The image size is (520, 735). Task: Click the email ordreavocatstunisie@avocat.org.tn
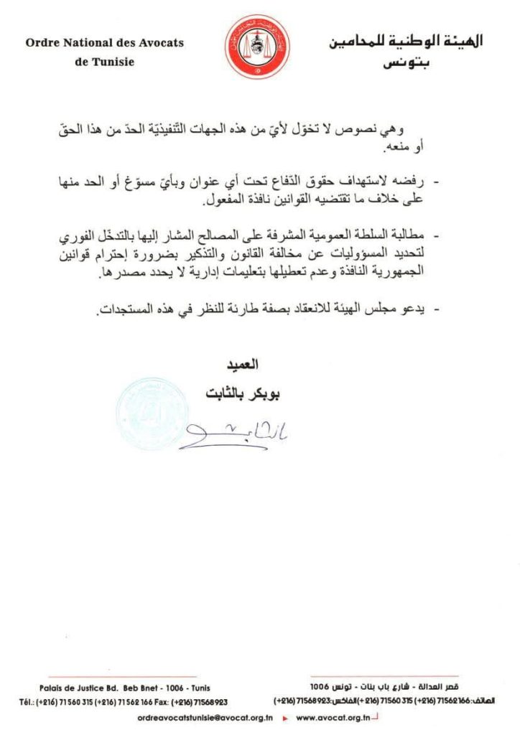click(205, 717)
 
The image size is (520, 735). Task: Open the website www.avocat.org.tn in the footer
click(332, 717)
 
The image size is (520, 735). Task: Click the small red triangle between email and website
click(284, 717)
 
